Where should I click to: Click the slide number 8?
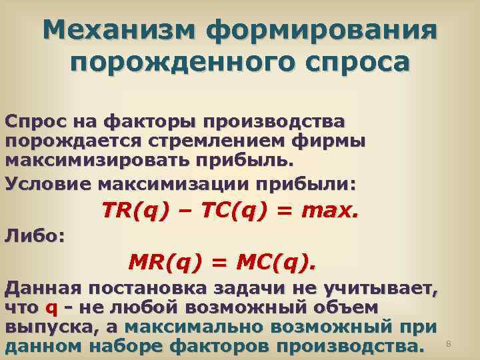pyautogui.click(x=449, y=343)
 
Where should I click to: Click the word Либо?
pyautogui.click(x=33, y=235)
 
